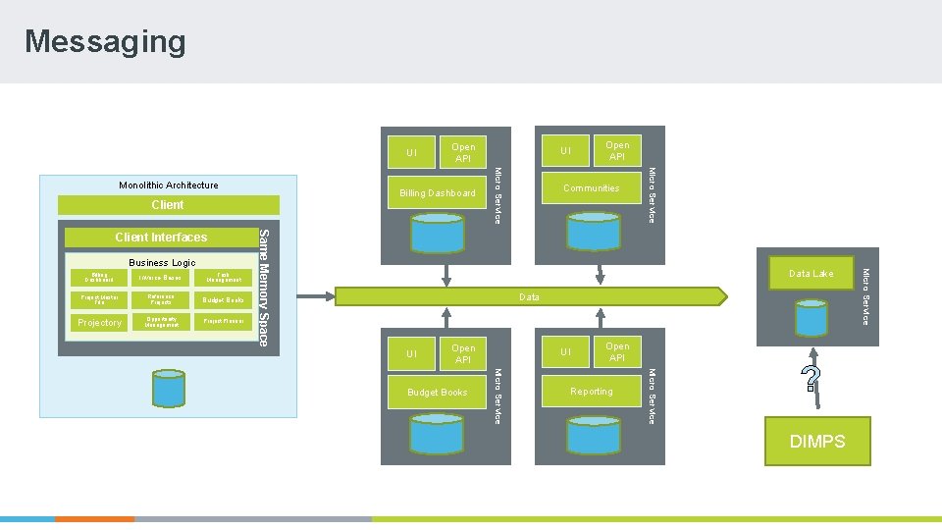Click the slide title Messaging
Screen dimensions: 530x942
coord(105,41)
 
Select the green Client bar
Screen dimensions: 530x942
coord(167,205)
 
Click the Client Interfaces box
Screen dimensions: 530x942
coord(161,238)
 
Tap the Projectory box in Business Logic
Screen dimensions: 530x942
coord(99,322)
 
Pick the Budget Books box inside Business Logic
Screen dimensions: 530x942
coord(224,299)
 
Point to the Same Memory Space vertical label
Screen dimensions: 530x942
coord(263,287)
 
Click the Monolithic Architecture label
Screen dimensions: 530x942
coord(169,185)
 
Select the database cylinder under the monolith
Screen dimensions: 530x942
coord(168,388)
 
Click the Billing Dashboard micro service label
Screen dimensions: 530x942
coord(438,193)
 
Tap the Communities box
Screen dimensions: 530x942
coord(591,187)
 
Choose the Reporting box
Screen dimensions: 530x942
coord(591,392)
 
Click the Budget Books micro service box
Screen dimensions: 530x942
coord(438,393)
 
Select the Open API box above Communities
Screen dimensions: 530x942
coord(617,151)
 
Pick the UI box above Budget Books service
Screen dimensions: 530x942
coord(411,354)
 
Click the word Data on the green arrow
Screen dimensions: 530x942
coord(529,296)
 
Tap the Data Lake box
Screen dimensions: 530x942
coord(811,274)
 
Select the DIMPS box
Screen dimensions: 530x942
coord(817,441)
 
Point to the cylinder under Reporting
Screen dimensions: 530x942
coord(592,433)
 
